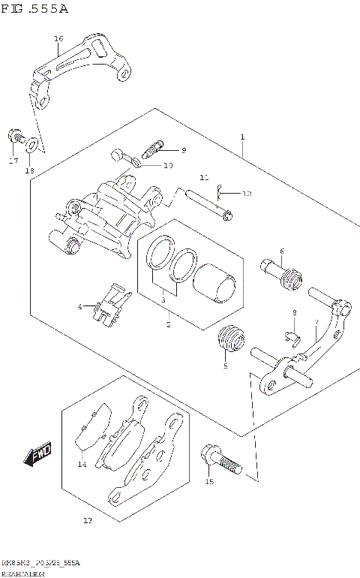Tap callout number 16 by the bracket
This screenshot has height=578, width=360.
tap(58, 38)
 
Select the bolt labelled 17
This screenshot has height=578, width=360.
tap(14, 137)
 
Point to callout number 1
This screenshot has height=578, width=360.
tap(242, 137)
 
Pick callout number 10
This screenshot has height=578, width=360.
tap(168, 165)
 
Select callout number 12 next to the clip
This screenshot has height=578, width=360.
tap(247, 194)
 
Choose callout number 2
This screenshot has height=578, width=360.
tap(168, 324)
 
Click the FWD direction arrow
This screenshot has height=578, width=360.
tap(38, 453)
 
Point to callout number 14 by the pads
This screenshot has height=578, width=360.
tap(82, 464)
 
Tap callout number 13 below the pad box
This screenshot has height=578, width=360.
tap(88, 519)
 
